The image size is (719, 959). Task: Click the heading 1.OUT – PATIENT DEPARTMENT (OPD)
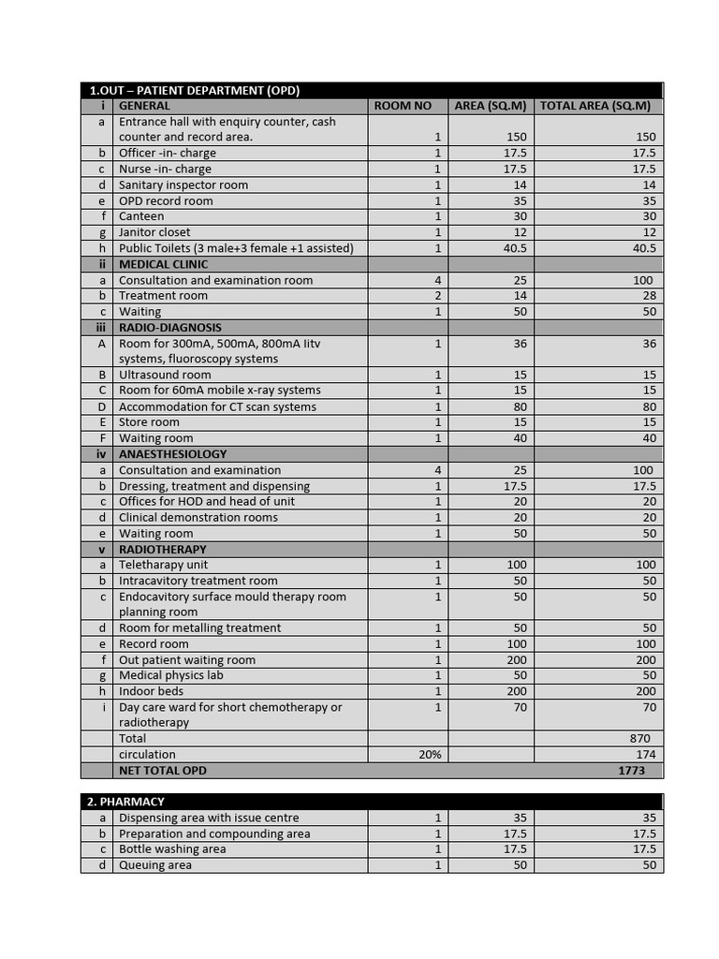(195, 91)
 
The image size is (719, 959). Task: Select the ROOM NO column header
(403, 106)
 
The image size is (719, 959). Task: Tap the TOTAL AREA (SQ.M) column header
(594, 106)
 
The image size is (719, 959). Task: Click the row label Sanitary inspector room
(183, 185)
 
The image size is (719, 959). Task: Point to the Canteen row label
(141, 216)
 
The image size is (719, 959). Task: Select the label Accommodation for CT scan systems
(217, 406)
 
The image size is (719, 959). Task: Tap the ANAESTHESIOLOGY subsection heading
(173, 454)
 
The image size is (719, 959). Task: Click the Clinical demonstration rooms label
(198, 517)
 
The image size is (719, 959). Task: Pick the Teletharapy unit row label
(164, 565)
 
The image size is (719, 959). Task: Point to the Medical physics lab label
(171, 675)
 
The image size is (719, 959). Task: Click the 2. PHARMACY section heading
(132, 802)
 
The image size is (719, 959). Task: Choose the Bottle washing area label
(172, 849)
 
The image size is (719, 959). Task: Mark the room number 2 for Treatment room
(437, 296)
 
